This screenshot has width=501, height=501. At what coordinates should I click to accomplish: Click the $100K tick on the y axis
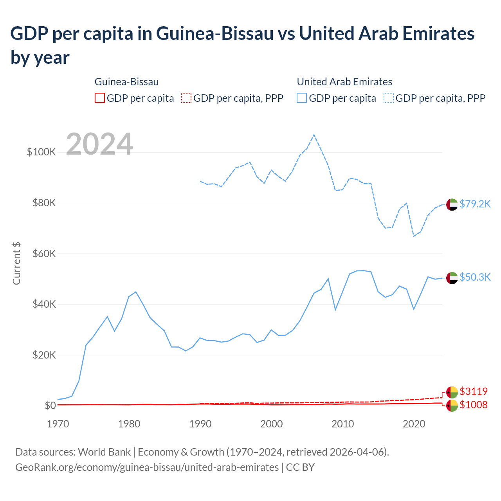tap(41, 152)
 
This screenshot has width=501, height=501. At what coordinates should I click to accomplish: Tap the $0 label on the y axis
tap(50, 405)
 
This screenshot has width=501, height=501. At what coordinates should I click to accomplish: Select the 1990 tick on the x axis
tap(200, 424)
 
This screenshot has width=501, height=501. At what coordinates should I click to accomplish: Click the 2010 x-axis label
tap(343, 424)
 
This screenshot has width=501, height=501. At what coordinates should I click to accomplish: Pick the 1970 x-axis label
tap(58, 424)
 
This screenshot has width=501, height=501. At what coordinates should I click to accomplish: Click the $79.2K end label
tap(475, 204)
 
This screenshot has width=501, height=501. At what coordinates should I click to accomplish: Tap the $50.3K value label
tap(475, 277)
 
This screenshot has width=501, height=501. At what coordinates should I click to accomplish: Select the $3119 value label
tap(474, 391)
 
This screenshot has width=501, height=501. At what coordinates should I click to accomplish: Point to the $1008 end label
tap(474, 405)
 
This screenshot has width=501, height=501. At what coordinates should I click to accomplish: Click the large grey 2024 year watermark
tap(99, 144)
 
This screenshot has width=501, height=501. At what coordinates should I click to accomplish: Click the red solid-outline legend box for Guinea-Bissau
tap(100, 98)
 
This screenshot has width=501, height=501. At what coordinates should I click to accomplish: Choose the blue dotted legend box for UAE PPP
tap(389, 98)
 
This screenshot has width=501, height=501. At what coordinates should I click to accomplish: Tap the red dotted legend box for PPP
tap(186, 98)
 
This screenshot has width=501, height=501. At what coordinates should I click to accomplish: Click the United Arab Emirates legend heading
tap(344, 82)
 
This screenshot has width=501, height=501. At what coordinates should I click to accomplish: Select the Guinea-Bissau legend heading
tap(126, 82)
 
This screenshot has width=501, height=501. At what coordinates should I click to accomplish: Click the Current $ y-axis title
tap(16, 263)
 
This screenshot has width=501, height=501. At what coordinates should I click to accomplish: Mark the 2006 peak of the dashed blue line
tap(314, 135)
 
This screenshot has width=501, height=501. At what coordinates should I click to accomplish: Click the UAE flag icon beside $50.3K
tap(452, 278)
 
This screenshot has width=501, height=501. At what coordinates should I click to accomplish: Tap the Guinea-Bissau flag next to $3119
tap(452, 392)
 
